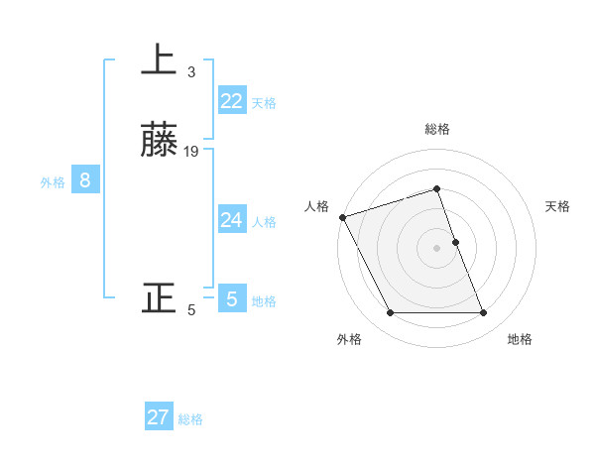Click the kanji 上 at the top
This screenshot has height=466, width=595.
159,60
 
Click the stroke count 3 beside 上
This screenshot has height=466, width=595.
191,72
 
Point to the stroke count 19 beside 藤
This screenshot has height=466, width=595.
191,152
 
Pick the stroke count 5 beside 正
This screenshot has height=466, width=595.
191,310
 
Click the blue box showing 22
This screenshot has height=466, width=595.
232,101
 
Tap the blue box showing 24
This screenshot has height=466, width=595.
232,220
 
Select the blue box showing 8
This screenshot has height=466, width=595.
85,180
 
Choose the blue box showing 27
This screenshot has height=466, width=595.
159,417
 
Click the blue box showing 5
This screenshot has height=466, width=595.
232,298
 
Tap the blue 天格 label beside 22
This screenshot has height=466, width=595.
264,103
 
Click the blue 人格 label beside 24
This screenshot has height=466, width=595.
264,222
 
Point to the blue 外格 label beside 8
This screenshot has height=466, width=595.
53,182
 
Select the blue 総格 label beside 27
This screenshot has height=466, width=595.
190,419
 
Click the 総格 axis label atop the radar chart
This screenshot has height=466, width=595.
436,129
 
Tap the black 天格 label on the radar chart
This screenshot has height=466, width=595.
558,206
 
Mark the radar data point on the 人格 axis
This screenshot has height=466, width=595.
342,217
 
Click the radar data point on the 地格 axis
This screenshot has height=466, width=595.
483,313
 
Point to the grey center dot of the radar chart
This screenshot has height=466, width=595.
436,248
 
